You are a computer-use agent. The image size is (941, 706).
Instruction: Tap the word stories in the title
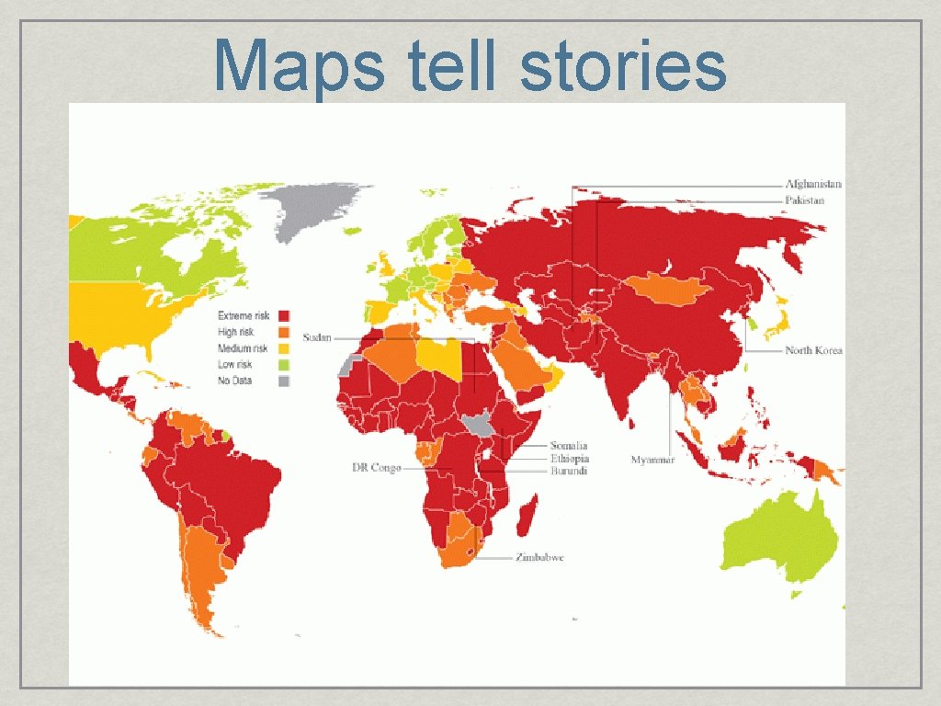coord(623,66)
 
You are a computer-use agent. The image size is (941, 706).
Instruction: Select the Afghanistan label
coord(812,184)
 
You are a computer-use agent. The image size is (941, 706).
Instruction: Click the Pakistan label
coord(804,199)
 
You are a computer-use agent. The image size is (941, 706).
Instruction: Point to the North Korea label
coord(813,350)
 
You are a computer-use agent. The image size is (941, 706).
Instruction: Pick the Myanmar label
coord(652,460)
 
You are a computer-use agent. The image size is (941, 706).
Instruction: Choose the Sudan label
coord(317,337)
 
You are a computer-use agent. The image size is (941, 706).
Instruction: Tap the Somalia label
coord(569,446)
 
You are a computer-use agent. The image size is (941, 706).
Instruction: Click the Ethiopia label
coord(570,459)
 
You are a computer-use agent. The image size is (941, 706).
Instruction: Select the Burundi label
coord(569,472)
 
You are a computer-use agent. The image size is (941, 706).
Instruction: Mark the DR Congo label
coord(377,468)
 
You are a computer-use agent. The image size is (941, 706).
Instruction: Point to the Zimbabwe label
coord(539,558)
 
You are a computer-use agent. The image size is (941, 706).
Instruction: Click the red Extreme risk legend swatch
coord(284,316)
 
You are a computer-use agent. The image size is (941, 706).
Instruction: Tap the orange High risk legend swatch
coord(284,333)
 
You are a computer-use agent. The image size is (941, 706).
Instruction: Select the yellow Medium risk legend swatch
coord(284,348)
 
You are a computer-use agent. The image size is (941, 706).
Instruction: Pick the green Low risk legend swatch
coord(284,365)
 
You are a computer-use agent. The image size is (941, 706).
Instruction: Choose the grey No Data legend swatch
coord(284,381)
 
